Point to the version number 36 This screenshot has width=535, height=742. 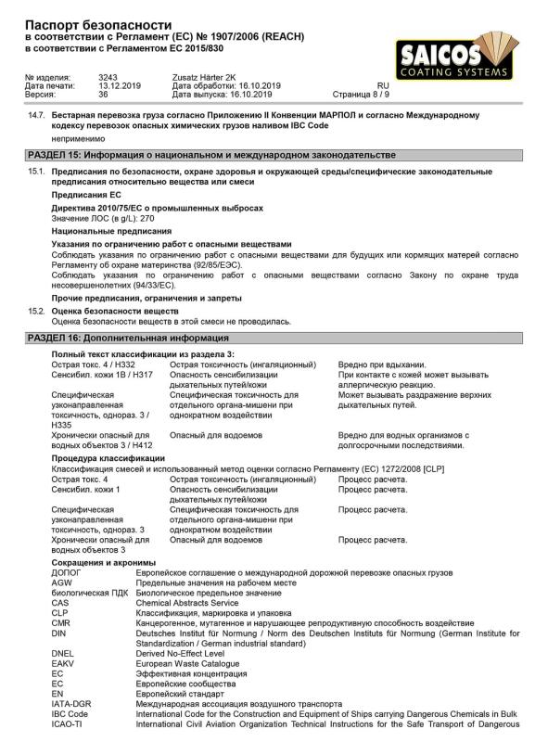click(x=103, y=94)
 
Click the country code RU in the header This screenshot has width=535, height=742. click(x=383, y=85)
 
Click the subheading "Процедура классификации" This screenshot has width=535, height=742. click(x=108, y=458)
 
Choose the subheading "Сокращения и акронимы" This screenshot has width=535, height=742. click(x=104, y=562)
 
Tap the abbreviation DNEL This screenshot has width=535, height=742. click(x=63, y=653)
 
